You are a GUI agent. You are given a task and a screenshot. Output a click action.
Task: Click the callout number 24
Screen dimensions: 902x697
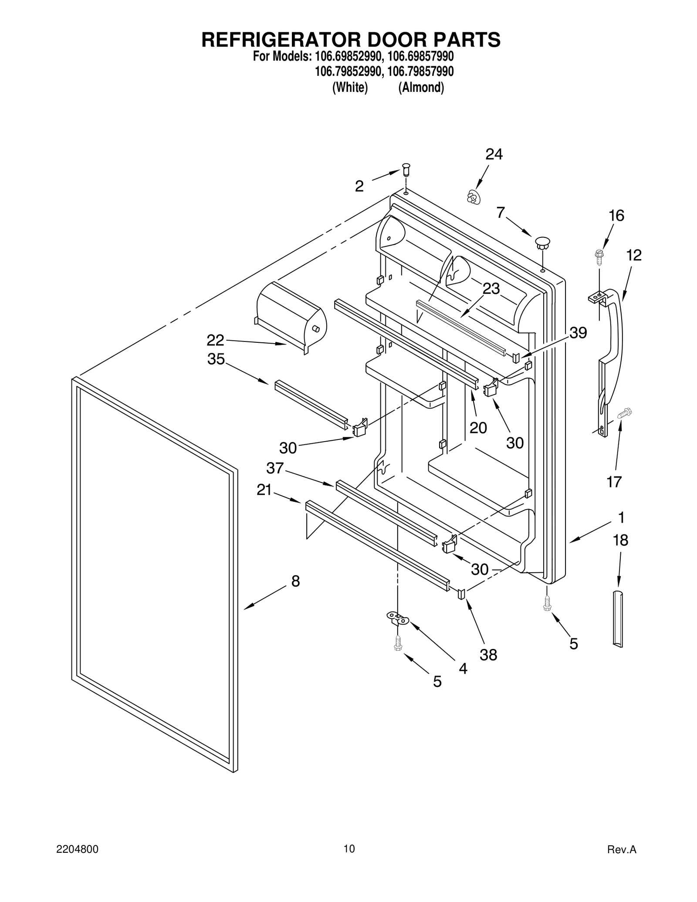[x=494, y=154]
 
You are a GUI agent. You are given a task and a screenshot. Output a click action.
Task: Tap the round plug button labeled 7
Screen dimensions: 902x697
[x=542, y=242]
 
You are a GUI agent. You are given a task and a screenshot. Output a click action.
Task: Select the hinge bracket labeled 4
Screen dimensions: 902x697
[x=398, y=618]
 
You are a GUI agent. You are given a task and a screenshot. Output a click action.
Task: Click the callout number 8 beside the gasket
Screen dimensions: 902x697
[x=295, y=581]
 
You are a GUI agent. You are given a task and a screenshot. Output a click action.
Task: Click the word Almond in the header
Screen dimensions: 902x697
[x=421, y=88]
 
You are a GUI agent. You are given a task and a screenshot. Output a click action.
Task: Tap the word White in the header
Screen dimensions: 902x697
[x=350, y=88]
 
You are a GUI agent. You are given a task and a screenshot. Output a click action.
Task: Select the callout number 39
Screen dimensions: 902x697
[x=578, y=332]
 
